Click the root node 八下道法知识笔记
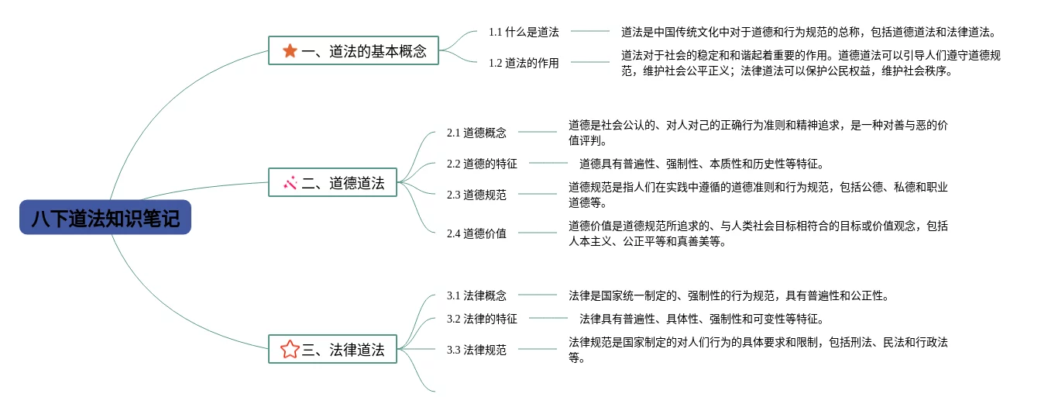click(105, 218)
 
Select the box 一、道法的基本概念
click(353, 51)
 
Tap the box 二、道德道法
click(333, 184)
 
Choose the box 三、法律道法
click(333, 350)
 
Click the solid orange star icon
click(290, 51)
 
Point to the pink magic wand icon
click(290, 184)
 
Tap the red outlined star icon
click(290, 350)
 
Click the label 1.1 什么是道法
click(523, 32)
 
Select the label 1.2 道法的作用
click(523, 63)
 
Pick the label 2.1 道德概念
click(476, 133)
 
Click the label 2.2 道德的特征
click(482, 164)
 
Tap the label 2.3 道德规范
click(476, 195)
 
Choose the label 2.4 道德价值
click(476, 233)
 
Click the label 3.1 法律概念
click(476, 295)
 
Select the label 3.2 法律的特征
click(482, 319)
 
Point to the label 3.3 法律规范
click(476, 350)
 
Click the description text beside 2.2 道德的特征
click(701, 164)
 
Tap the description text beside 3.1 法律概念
click(728, 295)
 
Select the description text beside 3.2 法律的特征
click(701, 319)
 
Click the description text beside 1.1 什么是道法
click(807, 32)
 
